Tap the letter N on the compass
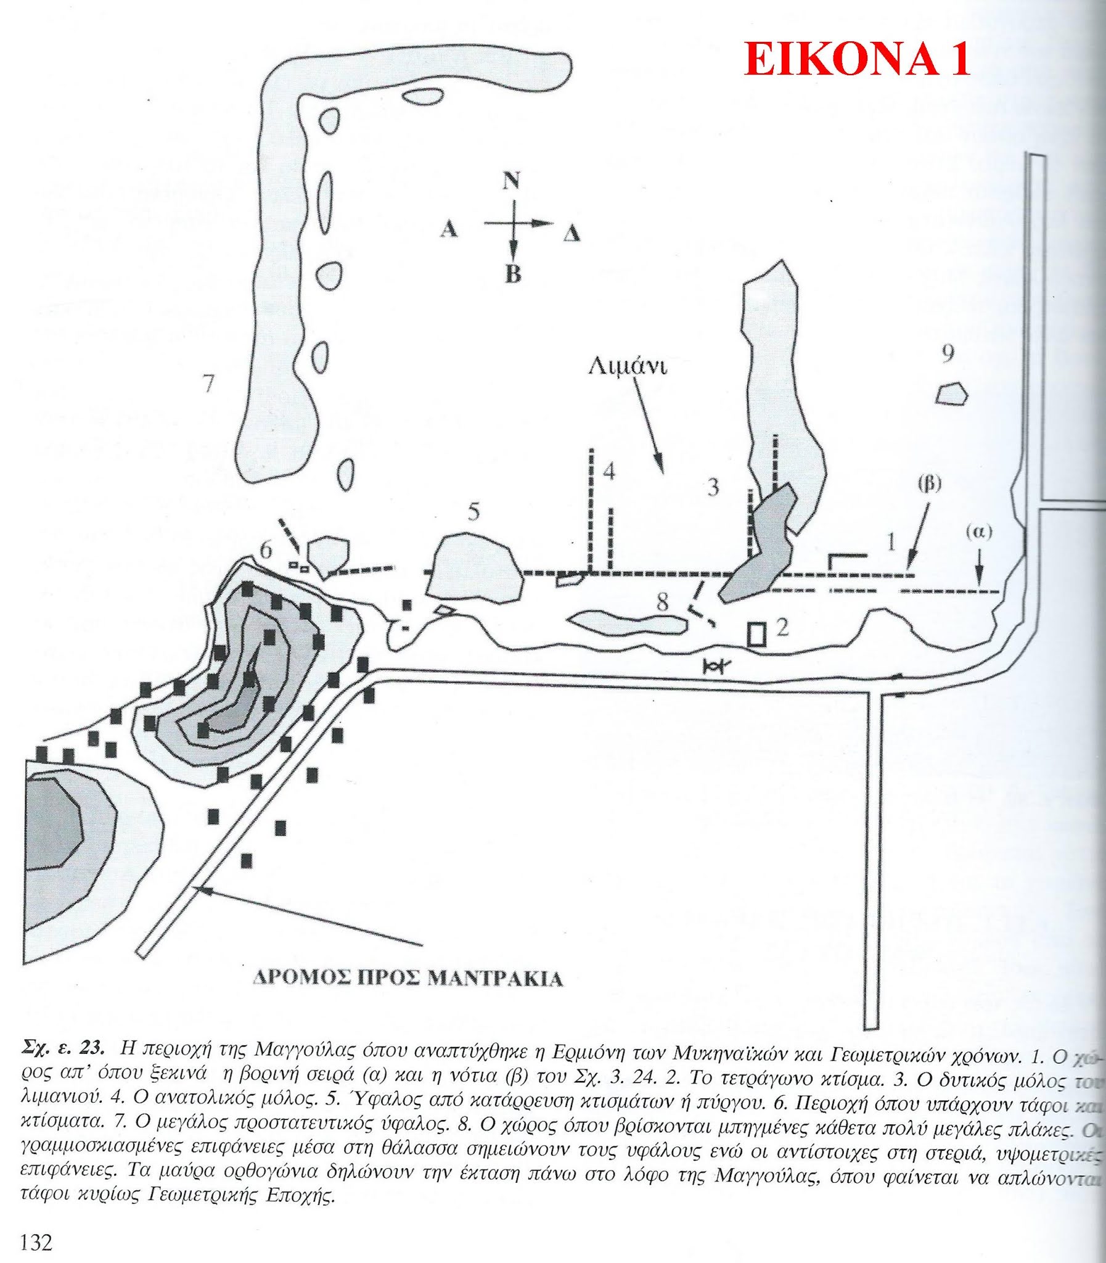(x=510, y=181)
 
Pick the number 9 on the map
(x=948, y=354)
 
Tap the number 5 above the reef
(x=473, y=513)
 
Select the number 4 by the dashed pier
(x=608, y=472)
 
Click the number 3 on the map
(x=713, y=488)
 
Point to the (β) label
(x=930, y=484)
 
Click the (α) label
(x=979, y=532)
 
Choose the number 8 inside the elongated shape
(x=662, y=603)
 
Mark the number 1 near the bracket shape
(x=891, y=543)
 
